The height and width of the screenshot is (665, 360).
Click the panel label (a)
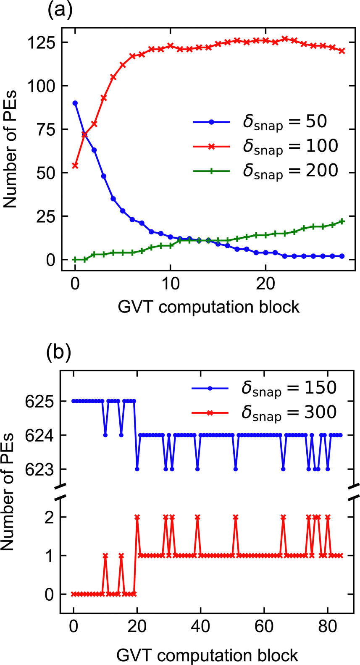coord(59,10)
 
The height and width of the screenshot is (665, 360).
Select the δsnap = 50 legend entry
coord(284,122)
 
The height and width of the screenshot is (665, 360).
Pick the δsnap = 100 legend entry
coord(290,146)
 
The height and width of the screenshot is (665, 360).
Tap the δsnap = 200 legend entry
coord(290,171)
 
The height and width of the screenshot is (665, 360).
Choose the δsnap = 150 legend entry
coord(289,388)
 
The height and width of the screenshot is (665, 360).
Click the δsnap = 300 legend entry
coord(289,413)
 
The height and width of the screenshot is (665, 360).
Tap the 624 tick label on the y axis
coord(39,436)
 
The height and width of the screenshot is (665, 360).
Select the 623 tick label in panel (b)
coord(39,469)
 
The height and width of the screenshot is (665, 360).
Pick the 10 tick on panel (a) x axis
coord(170,284)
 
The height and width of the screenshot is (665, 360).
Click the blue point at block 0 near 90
coord(75,103)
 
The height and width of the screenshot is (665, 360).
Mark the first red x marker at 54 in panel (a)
coord(75,166)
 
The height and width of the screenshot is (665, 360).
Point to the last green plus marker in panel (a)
coord(342,221)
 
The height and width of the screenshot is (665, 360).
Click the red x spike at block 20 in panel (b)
coord(137,517)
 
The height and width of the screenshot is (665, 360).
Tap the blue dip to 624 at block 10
coord(105,435)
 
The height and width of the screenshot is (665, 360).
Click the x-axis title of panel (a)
coord(208,307)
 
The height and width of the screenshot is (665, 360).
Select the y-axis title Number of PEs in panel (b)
coord(8,492)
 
